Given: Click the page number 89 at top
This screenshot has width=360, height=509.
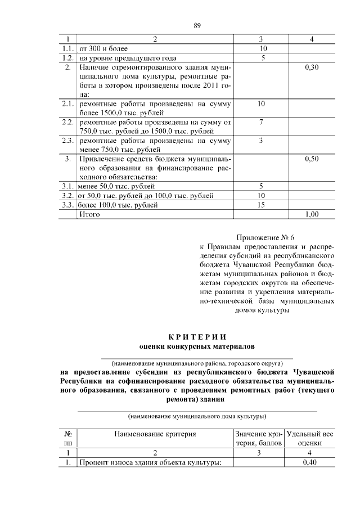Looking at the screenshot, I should coord(197,25).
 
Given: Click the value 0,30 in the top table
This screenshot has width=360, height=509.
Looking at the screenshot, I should coord(311,67).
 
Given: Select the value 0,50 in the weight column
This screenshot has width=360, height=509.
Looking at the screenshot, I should coord(311,159).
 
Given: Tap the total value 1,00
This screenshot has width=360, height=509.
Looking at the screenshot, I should coord(311,214).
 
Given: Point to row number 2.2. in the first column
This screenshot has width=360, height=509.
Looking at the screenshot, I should coord(67,122).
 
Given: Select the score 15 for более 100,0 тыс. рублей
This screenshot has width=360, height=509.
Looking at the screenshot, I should coord(261,205).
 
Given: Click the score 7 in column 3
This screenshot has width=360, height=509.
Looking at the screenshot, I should coord(261,122).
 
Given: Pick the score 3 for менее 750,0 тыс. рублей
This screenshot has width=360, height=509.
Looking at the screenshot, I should coord(261,141).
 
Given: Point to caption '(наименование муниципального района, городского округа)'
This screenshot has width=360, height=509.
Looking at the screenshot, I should coord(197,363).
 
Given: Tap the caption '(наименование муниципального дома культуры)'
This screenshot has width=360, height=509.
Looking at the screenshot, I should coord(197,417).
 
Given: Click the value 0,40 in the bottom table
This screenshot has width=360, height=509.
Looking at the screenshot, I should coord(311,463).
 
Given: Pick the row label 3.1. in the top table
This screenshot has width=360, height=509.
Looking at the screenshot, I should coord(67,186).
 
